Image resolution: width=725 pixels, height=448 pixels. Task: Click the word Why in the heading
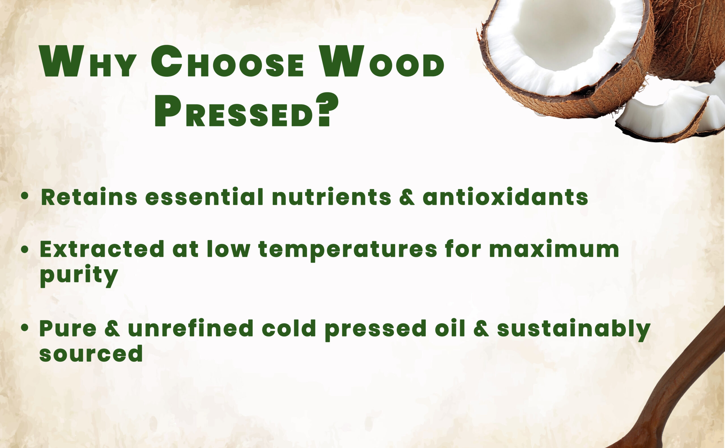point(88,61)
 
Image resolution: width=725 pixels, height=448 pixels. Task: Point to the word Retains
point(89,196)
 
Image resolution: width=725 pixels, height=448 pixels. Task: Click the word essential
point(204,196)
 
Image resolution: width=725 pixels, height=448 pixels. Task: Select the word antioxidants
point(505,196)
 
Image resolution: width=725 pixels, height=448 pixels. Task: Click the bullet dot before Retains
point(25,196)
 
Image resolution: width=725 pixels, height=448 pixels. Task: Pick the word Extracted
point(102,249)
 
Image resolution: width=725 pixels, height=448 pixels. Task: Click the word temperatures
point(347,251)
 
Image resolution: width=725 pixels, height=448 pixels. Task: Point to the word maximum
point(554,249)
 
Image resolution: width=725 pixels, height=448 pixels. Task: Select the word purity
point(79,276)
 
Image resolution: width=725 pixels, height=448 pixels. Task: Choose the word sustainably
point(574,330)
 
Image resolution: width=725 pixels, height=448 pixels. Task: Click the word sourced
point(91,353)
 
